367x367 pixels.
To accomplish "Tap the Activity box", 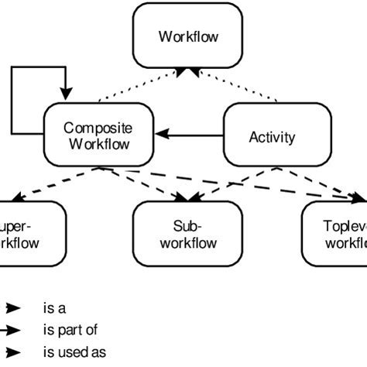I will click(272, 137).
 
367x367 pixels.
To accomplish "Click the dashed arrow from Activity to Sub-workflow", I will click(232, 180).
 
